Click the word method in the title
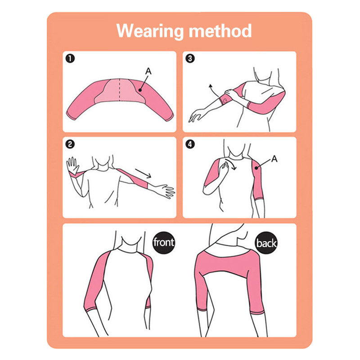[x=220, y=31]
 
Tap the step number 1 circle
[x=70, y=58]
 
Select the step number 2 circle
[x=70, y=144]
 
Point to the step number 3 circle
[x=190, y=58]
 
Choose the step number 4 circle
[x=190, y=144]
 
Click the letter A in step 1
[x=148, y=71]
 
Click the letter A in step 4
[x=274, y=159]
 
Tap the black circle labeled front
[x=164, y=243]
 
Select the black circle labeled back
[x=266, y=243]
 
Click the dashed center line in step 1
[x=119, y=90]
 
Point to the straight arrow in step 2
[x=143, y=173]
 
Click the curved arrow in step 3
[x=213, y=90]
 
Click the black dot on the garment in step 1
[x=140, y=90]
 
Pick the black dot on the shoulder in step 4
[x=256, y=168]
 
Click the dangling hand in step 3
[x=197, y=115]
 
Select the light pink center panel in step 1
[x=119, y=91]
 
